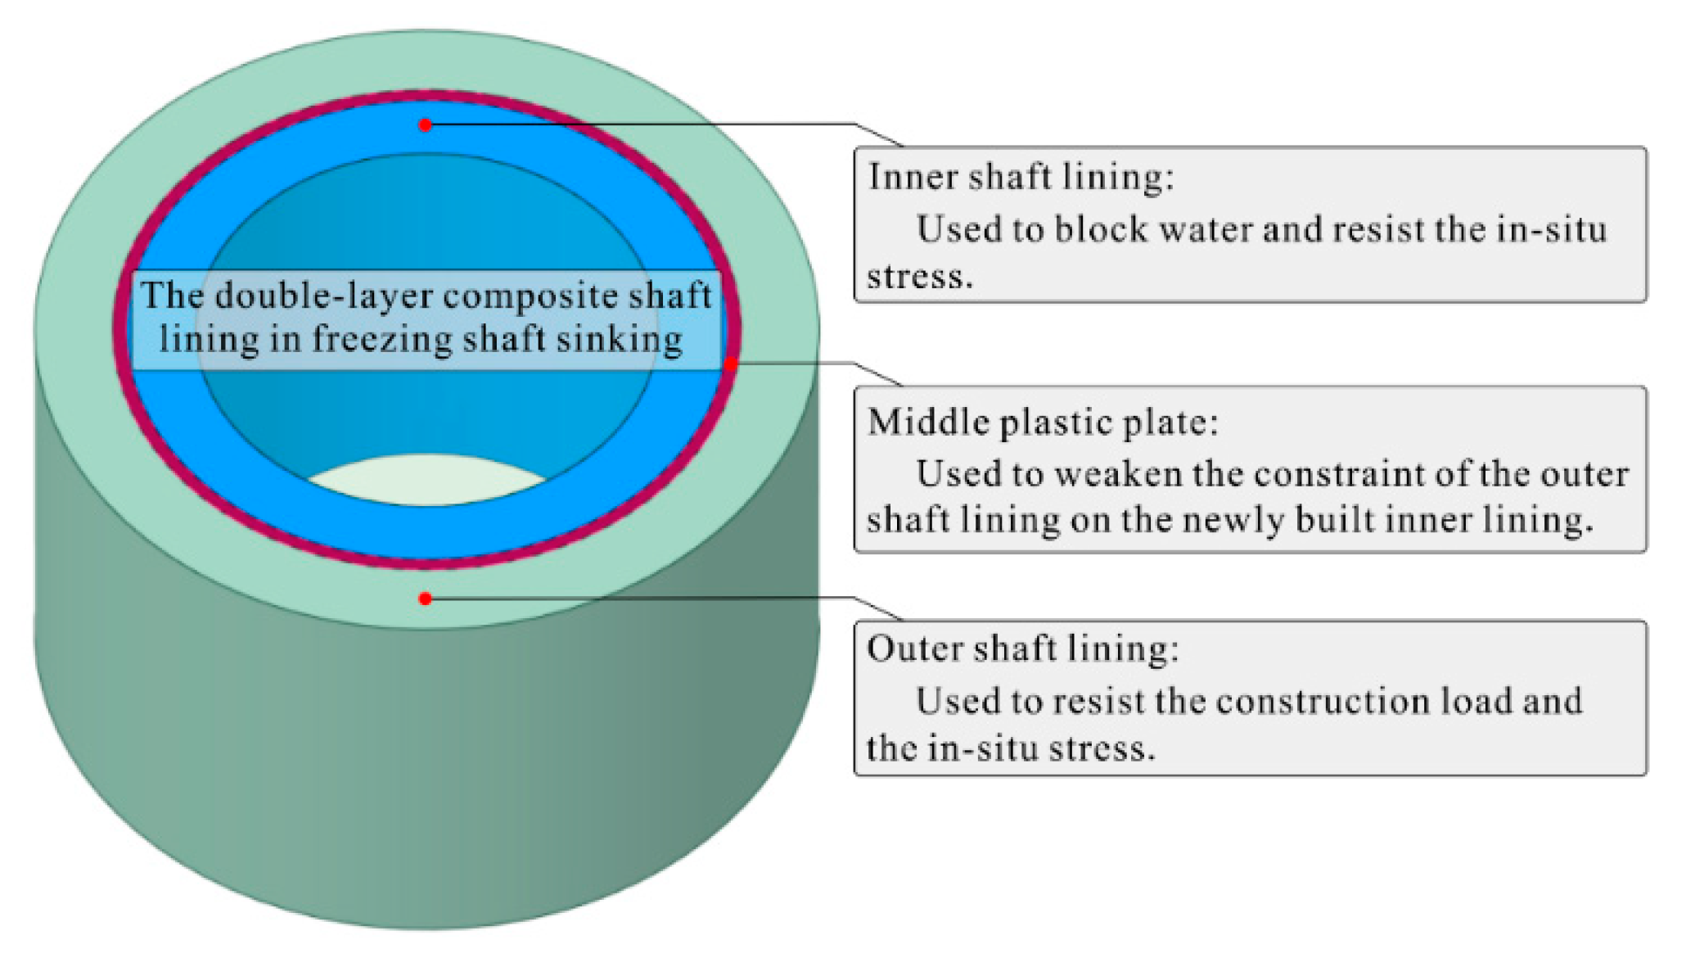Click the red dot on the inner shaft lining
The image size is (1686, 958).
pyautogui.click(x=425, y=125)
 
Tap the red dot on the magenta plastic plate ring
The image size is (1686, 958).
pyautogui.click(x=731, y=364)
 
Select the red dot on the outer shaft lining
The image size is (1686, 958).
pyautogui.click(x=425, y=599)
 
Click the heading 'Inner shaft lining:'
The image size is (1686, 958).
pyautogui.click(x=1021, y=178)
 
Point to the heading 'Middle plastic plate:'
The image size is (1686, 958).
pyautogui.click(x=1043, y=423)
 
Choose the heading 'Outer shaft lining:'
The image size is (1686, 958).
pyautogui.click(x=1023, y=648)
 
